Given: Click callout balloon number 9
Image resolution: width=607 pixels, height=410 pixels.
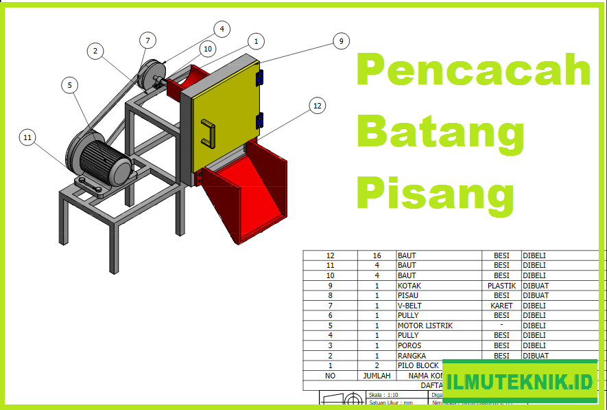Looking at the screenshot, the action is (x=341, y=41).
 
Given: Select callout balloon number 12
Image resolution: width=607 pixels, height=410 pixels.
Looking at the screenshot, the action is (x=317, y=106).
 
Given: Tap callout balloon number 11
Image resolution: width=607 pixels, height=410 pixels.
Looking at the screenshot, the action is (x=27, y=137).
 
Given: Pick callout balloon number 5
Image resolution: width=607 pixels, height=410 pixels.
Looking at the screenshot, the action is (x=69, y=85).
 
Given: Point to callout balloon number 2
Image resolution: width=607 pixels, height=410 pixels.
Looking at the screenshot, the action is (x=95, y=50).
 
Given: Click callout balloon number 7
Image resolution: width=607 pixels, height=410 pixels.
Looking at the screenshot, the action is (x=147, y=41).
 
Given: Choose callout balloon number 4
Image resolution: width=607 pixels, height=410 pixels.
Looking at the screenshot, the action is (x=221, y=29).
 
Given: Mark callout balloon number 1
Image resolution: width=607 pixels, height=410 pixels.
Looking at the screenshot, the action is (x=256, y=41).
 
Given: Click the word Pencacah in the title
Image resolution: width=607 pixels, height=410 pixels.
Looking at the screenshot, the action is (x=473, y=71).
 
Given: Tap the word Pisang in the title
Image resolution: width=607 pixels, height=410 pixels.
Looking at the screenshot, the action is (x=435, y=193).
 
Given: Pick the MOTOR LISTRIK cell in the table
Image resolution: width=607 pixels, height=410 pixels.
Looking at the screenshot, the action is (x=425, y=326).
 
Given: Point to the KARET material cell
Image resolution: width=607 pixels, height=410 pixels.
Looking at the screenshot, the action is (x=501, y=306).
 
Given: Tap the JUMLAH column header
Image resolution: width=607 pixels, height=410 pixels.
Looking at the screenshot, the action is (x=377, y=376).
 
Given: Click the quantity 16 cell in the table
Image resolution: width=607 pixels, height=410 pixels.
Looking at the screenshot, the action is (x=377, y=255).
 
